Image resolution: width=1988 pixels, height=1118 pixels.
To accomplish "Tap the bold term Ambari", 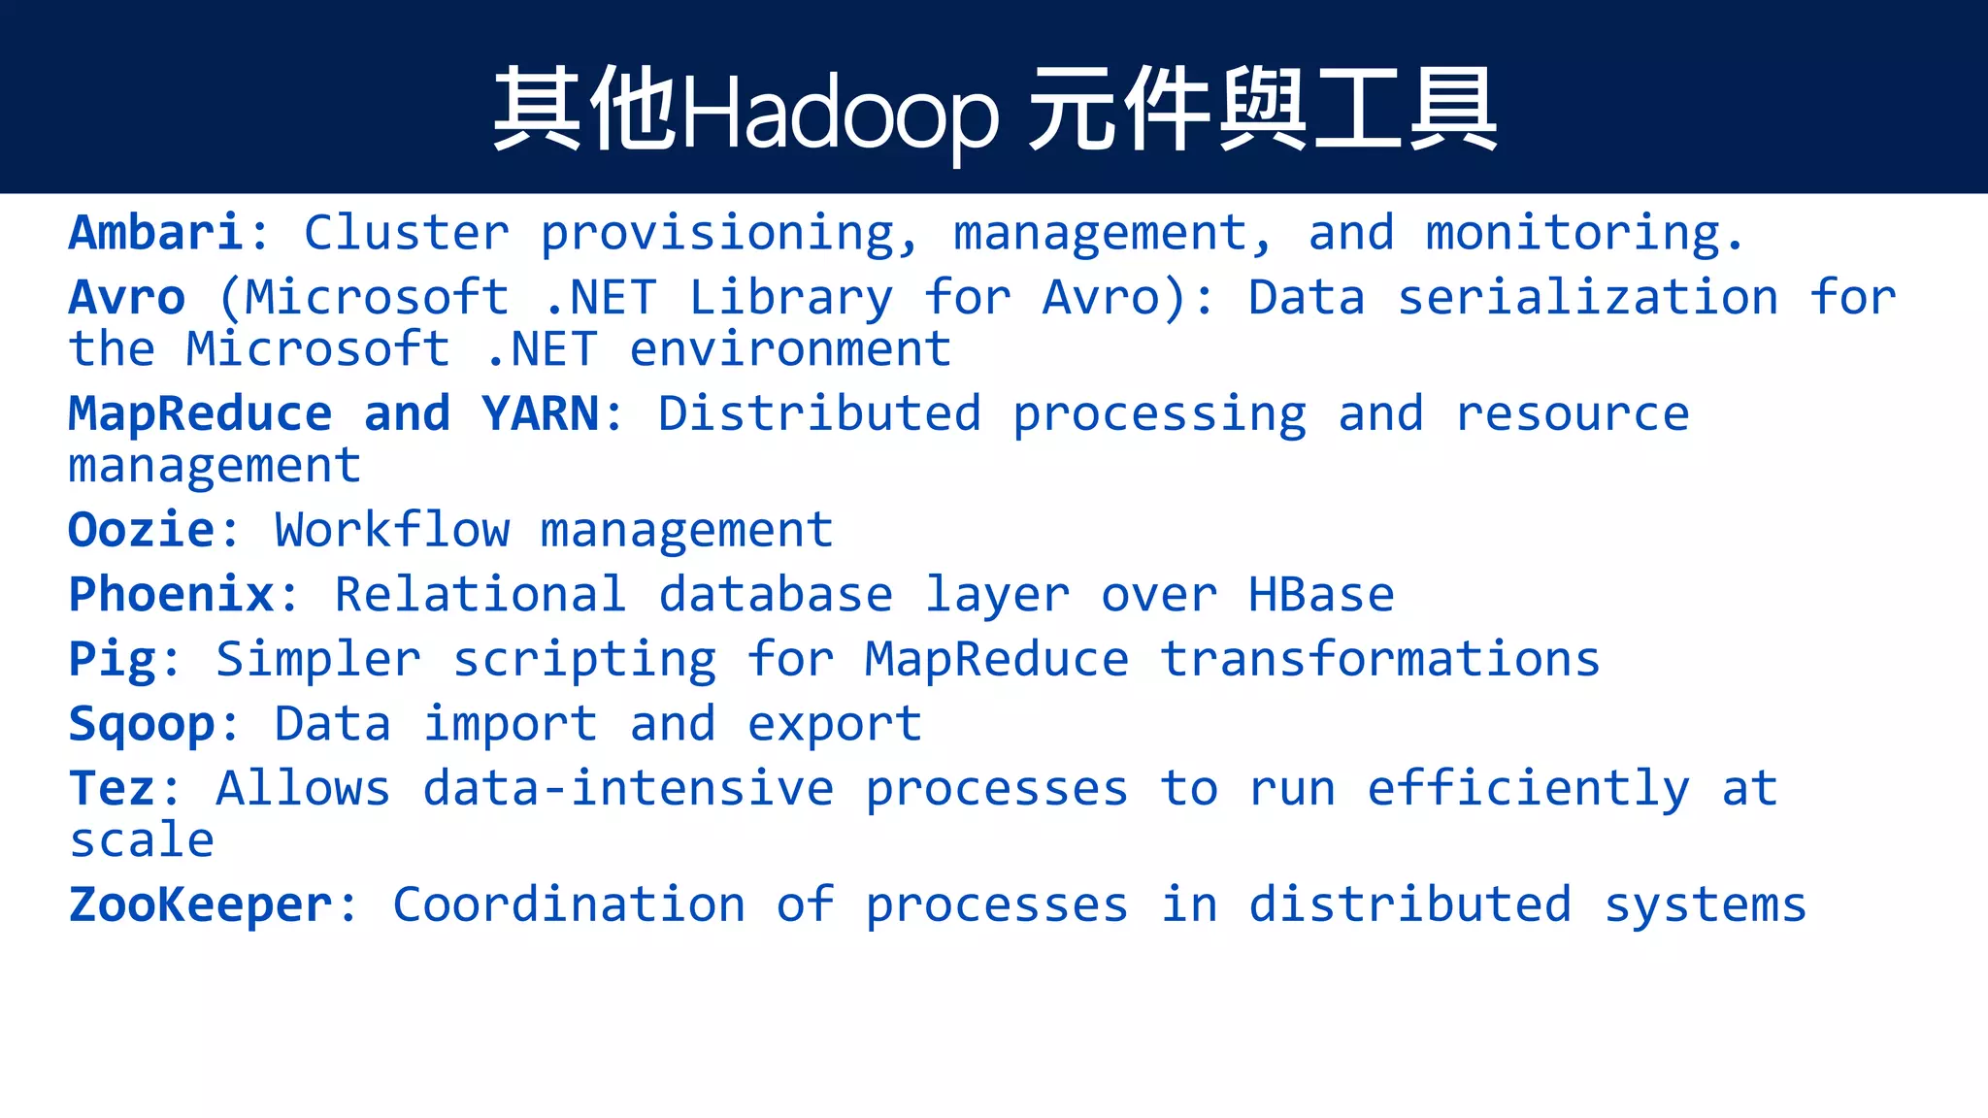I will pos(155,233).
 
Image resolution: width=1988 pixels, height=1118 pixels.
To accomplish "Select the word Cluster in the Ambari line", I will pos(407,233).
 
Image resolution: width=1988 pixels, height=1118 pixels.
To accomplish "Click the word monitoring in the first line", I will pos(1573,233).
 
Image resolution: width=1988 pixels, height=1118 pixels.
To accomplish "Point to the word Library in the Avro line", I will pos(790,298).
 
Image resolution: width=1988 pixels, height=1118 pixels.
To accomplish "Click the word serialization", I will pos(1587,298).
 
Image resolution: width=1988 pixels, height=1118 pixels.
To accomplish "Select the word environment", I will pos(790,349).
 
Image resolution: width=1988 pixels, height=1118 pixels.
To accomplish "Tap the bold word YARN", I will pos(540,414).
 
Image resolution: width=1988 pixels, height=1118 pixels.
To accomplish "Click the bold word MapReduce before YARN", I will pos(200,414).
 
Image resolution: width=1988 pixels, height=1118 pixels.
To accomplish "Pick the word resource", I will pos(1573,414).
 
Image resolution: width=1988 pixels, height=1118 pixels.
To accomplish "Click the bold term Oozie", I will pos(142,531).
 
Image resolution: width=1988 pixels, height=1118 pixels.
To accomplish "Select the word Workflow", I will pos(392,531).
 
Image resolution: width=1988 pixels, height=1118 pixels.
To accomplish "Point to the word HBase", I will pos(1321,595).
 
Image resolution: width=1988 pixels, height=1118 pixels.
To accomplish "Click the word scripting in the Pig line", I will pos(584,660).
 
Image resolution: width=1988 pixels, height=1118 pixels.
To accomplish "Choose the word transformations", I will pos(1379,660).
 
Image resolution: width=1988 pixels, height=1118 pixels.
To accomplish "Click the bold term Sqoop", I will pos(142,725).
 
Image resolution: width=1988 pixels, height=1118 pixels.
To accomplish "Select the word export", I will pos(835,725).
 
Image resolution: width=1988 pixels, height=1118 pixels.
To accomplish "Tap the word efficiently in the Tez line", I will pos(1528,789).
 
